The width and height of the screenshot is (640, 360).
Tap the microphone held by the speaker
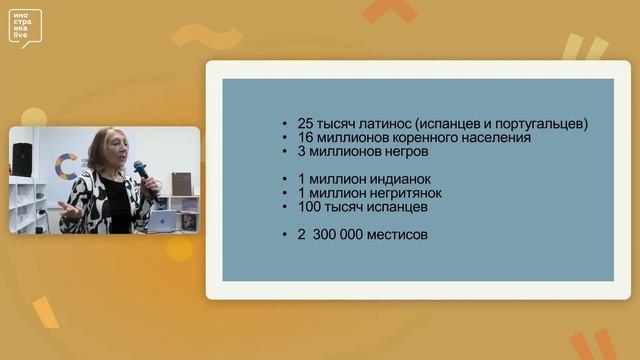pyautogui.click(x=141, y=171)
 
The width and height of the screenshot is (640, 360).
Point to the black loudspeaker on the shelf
pyautogui.click(x=22, y=159)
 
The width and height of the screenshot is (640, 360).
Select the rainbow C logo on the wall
pyautogui.click(x=67, y=167)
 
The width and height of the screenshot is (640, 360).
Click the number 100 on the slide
pyautogui.click(x=311, y=206)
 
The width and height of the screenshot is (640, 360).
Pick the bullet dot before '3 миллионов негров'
pyautogui.click(x=288, y=152)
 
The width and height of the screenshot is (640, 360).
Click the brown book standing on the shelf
pyautogui.click(x=181, y=186)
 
